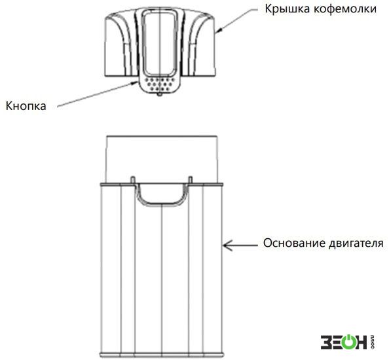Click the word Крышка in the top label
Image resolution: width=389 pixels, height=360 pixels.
pyautogui.click(x=287, y=9)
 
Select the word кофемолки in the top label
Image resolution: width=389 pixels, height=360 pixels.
pyautogui.click(x=345, y=9)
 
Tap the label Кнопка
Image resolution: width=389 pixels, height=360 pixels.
pyautogui.click(x=26, y=106)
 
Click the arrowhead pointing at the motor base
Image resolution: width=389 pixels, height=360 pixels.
pyautogui.click(x=227, y=245)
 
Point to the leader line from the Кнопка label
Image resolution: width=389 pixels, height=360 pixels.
pyautogui.click(x=97, y=94)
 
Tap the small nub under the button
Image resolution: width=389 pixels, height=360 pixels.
pyautogui.click(x=160, y=94)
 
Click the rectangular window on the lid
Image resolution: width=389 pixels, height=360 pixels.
pyautogui.click(x=160, y=44)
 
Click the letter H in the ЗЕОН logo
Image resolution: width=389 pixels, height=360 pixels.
pyautogui.click(x=361, y=342)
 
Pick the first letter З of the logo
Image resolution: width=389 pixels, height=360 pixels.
pyautogui.click(x=325, y=342)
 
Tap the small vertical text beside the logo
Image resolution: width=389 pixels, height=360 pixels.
pyautogui.click(x=372, y=342)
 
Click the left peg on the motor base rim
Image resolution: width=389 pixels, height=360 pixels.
pyautogui.click(x=133, y=180)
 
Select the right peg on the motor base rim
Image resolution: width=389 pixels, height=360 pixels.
pyautogui.click(x=191, y=180)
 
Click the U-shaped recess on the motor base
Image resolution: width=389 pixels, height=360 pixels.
pyautogui.click(x=162, y=204)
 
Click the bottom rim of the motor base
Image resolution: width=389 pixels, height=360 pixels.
pyautogui.click(x=162, y=355)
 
